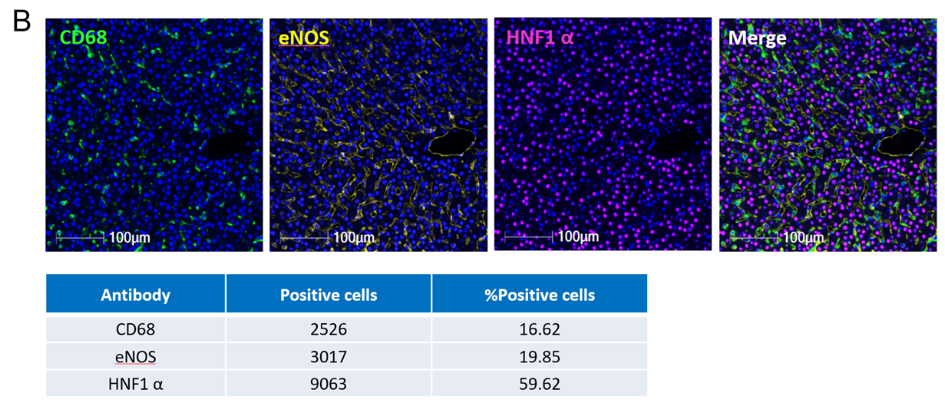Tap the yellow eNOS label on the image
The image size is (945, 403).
tap(303, 36)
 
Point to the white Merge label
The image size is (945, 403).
tap(757, 37)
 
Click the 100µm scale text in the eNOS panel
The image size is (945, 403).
tap(354, 237)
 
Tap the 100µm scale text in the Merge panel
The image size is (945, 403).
tap(803, 237)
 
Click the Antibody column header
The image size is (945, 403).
tap(136, 295)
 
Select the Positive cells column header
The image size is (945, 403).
tap(329, 295)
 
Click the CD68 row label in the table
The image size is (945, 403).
tap(136, 329)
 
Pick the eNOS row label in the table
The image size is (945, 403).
tap(136, 357)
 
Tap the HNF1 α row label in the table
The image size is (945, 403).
tap(136, 383)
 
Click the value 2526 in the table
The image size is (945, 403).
tap(329, 329)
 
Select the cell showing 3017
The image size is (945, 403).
tap(329, 357)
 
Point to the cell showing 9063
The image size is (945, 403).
tap(329, 383)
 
